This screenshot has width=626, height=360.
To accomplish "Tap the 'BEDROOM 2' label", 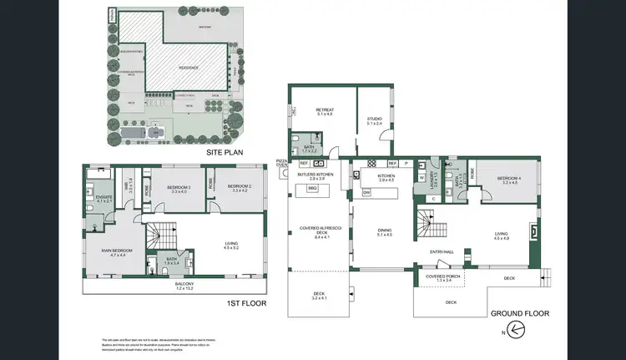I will (240, 187).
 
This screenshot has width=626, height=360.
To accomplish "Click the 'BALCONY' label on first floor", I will (184, 284).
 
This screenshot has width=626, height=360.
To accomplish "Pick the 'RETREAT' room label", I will (326, 110).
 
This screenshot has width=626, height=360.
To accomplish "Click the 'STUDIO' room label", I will (374, 119).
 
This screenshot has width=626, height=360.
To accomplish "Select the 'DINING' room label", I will (384, 231).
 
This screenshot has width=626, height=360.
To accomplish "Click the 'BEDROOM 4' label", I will (508, 178).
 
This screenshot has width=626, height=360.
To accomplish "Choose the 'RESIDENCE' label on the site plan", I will (193, 68).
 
